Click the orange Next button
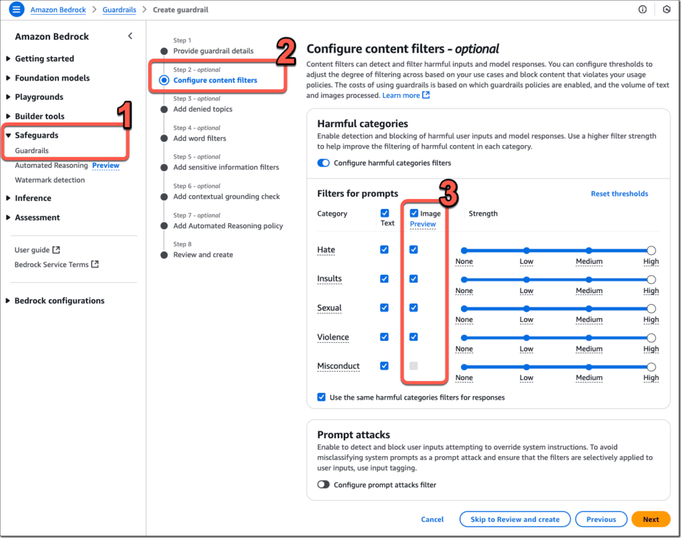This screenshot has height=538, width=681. [650, 519]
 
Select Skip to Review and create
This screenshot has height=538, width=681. [515, 519]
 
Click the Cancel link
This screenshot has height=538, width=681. [432, 519]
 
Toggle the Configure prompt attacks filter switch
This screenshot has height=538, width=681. [324, 485]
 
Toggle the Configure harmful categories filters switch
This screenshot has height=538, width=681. [324, 162]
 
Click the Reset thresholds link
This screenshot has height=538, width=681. [619, 194]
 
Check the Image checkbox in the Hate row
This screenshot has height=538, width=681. [414, 250]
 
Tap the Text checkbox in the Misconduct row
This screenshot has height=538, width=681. [384, 366]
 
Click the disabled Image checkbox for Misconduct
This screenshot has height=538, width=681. [414, 366]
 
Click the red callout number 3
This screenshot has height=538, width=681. [449, 194]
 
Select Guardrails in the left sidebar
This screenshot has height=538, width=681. [32, 150]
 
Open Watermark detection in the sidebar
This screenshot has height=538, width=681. [50, 180]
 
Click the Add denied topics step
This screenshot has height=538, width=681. [203, 109]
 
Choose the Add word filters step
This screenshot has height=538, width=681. [200, 138]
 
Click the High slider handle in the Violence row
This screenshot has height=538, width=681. [651, 338]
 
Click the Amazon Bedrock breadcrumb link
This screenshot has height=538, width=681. [59, 10]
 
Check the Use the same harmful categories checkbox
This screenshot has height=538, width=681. [322, 397]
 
